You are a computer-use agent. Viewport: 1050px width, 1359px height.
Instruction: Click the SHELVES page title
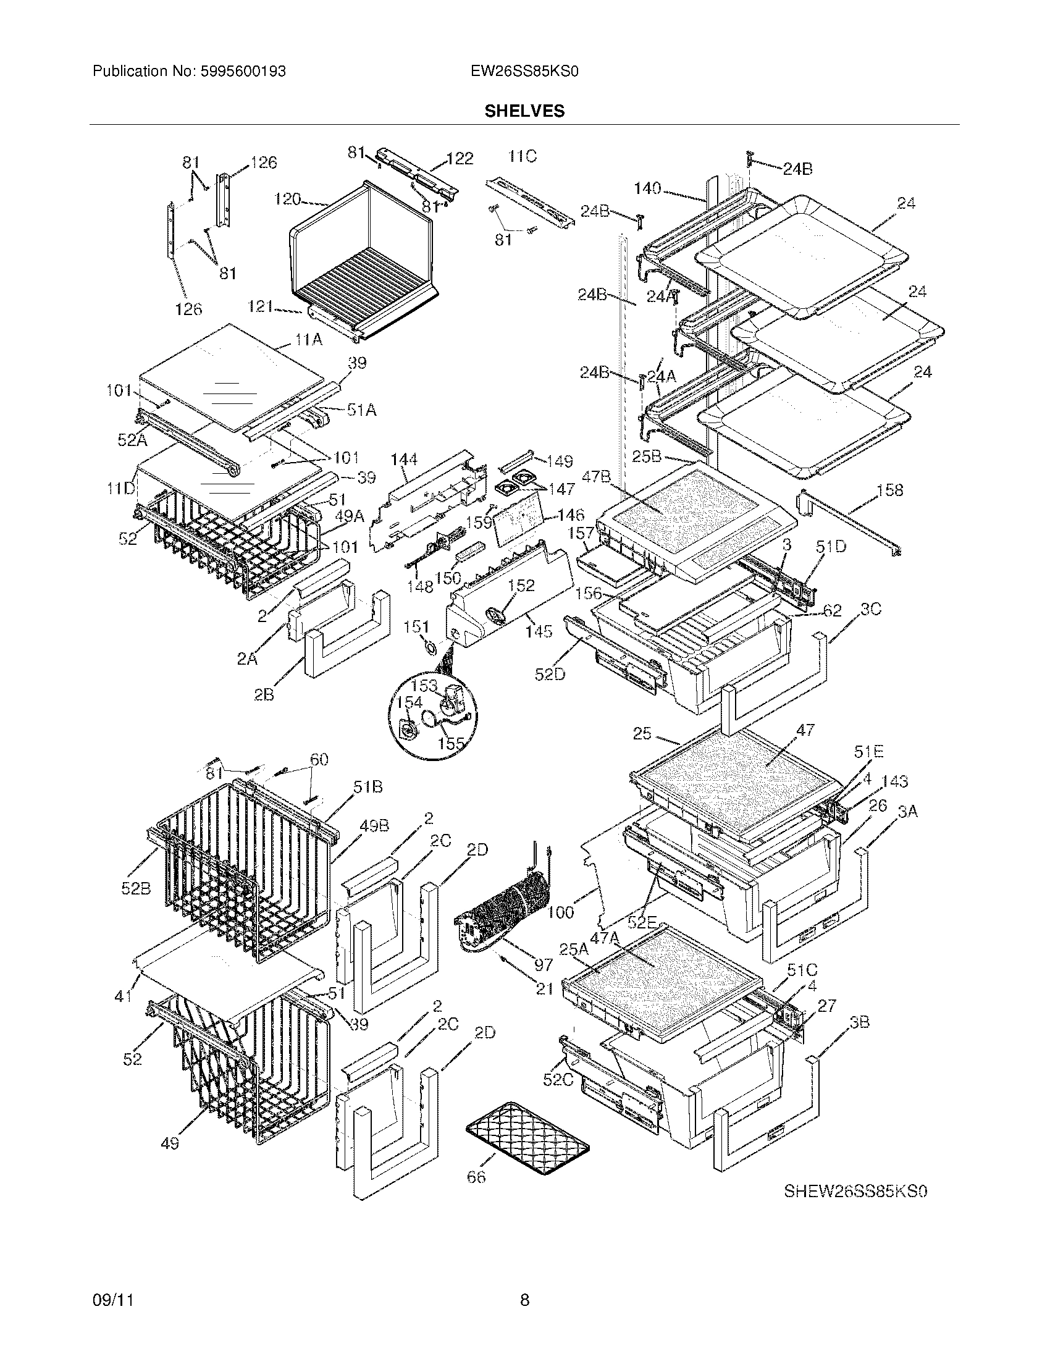coord(524,111)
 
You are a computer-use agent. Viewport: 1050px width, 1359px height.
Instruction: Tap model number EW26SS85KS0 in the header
coord(524,72)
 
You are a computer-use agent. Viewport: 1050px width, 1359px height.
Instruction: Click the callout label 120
coord(287,200)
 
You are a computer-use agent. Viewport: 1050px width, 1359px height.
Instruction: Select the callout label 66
coord(476,1177)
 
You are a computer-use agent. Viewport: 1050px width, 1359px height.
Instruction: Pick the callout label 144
coord(404,460)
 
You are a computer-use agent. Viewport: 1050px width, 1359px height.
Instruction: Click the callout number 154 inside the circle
coord(410,702)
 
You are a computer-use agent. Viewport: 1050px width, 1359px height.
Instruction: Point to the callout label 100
coord(561,912)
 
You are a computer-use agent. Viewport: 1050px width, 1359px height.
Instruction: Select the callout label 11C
coord(522,157)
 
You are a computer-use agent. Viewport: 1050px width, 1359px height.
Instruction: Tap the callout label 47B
coord(596,478)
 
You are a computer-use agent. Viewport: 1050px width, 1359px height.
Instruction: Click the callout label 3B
coord(860,1021)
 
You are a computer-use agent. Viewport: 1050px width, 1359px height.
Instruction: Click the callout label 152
coord(521,585)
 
